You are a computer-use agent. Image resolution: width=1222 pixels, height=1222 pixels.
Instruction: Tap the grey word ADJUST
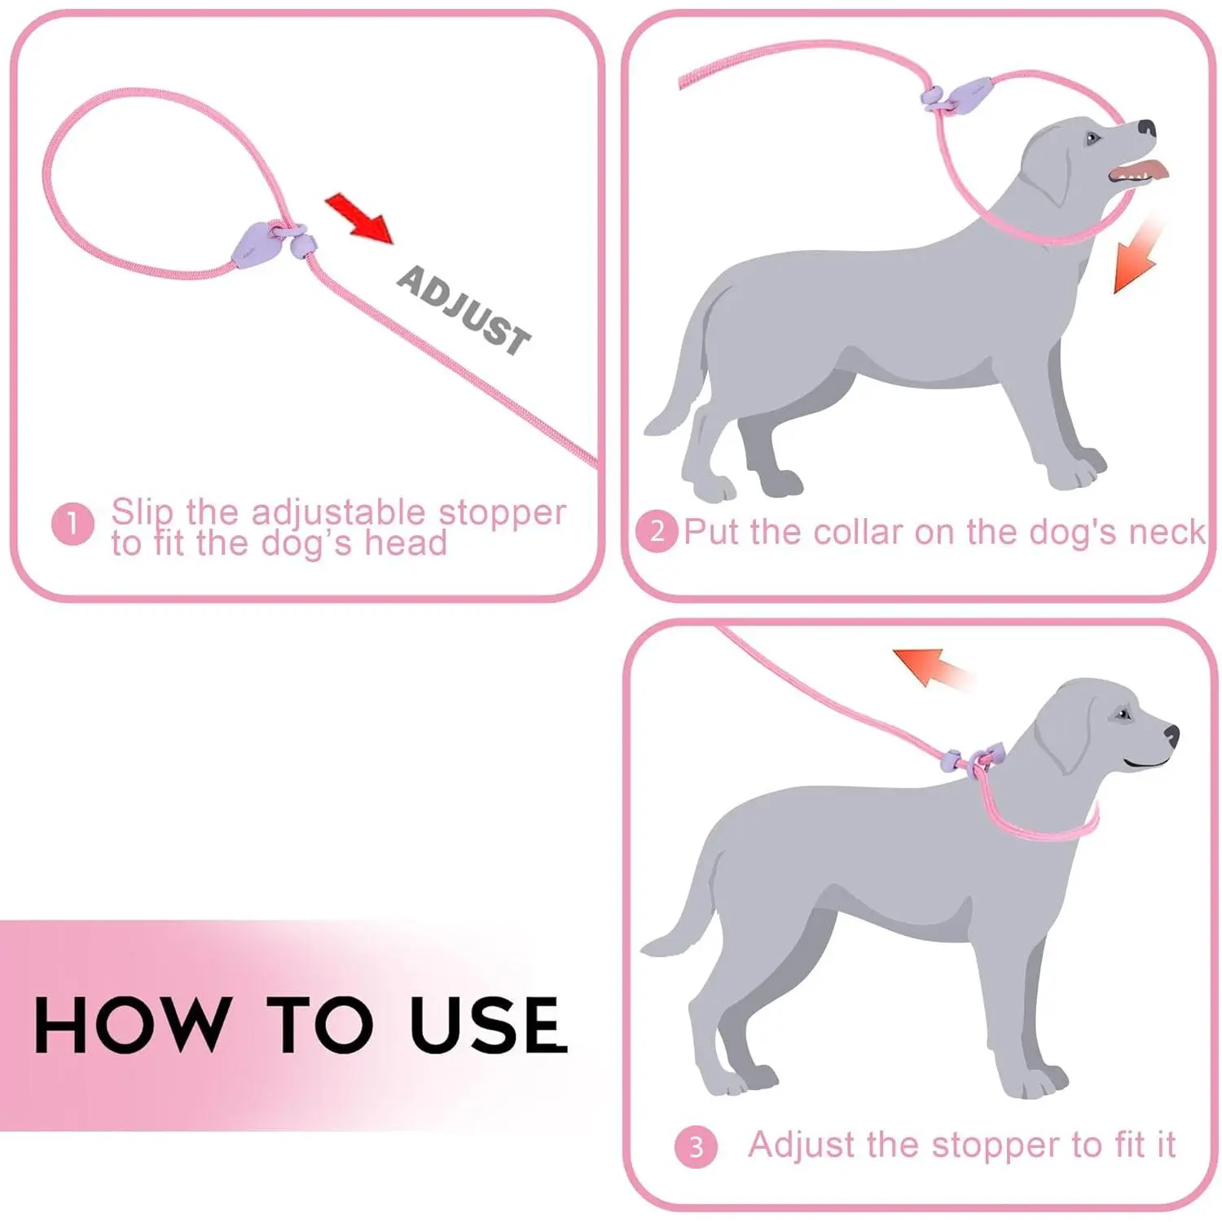464,310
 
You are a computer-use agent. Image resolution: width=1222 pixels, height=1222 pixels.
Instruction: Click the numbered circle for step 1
73,524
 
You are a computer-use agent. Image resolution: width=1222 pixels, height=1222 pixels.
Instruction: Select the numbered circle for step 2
657,532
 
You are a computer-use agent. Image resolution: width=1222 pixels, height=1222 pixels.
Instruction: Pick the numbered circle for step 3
696,1147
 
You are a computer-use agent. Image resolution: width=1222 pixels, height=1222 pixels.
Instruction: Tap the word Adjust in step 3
802,1145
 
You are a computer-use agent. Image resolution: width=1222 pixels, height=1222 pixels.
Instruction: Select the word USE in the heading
488,1025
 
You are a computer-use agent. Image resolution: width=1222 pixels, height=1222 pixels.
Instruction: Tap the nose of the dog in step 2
1146,128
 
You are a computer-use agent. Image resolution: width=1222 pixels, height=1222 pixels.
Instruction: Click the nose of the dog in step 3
1171,735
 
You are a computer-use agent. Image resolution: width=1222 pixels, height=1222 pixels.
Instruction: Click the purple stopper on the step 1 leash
253,244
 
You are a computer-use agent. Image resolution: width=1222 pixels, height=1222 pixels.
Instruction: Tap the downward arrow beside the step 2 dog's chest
1138,255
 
